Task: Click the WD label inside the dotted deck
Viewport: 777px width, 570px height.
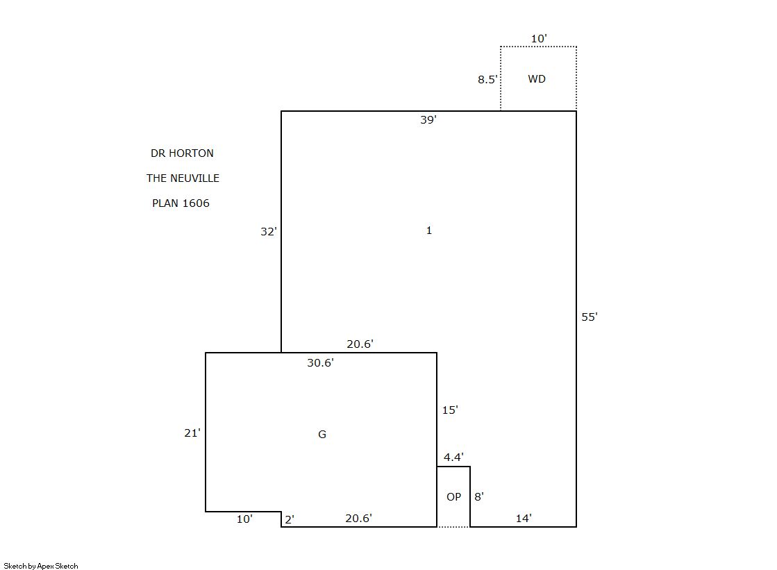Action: click(537, 79)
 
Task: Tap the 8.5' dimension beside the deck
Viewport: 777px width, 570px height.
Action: click(487, 80)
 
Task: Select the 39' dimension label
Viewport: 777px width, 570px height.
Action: click(428, 120)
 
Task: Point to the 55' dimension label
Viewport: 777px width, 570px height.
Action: click(590, 317)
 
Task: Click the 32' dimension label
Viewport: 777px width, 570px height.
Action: click(269, 231)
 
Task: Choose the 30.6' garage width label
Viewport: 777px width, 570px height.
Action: click(320, 363)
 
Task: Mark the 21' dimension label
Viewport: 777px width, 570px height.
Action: click(192, 433)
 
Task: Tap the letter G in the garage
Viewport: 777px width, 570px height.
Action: click(322, 435)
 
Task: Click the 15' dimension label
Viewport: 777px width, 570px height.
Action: click(450, 410)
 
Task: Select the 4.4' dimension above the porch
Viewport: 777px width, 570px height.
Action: click(453, 457)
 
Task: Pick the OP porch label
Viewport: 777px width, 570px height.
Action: click(454, 497)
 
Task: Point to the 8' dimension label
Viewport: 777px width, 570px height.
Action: click(478, 497)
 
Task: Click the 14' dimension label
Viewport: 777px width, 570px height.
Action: click(524, 519)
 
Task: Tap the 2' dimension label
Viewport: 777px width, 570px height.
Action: click(290, 519)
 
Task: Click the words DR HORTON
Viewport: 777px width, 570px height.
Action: click(183, 153)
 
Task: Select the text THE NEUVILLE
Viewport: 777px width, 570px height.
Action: click(183, 178)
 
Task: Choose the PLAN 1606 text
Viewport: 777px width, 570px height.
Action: click(181, 203)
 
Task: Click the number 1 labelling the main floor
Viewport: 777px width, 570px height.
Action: click(429, 230)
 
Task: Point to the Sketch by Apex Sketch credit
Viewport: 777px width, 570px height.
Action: click(41, 566)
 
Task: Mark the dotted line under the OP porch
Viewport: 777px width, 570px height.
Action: click(453, 527)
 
